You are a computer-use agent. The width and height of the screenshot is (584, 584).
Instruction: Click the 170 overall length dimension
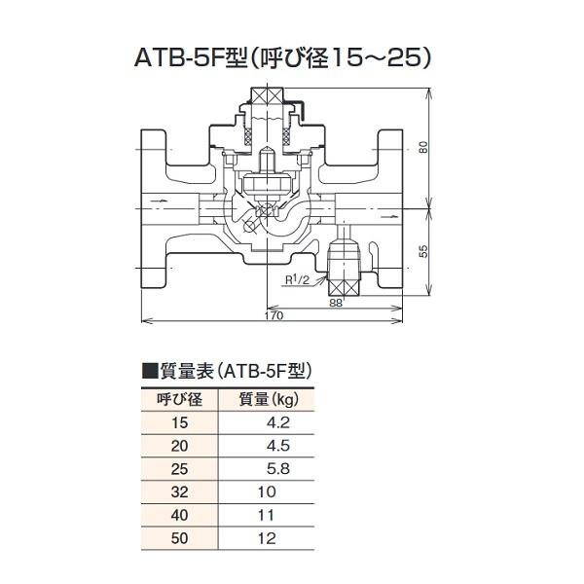click(x=274, y=316)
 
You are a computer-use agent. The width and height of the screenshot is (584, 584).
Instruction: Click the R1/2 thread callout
click(x=297, y=280)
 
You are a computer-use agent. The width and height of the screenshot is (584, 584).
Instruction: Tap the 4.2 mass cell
click(x=278, y=422)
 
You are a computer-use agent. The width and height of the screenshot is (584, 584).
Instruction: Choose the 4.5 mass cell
click(x=278, y=446)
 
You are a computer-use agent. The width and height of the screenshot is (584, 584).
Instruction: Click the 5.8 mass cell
click(x=278, y=469)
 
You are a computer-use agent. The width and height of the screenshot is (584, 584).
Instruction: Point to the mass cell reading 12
click(x=267, y=538)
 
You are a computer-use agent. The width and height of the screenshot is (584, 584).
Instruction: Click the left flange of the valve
click(x=156, y=209)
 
